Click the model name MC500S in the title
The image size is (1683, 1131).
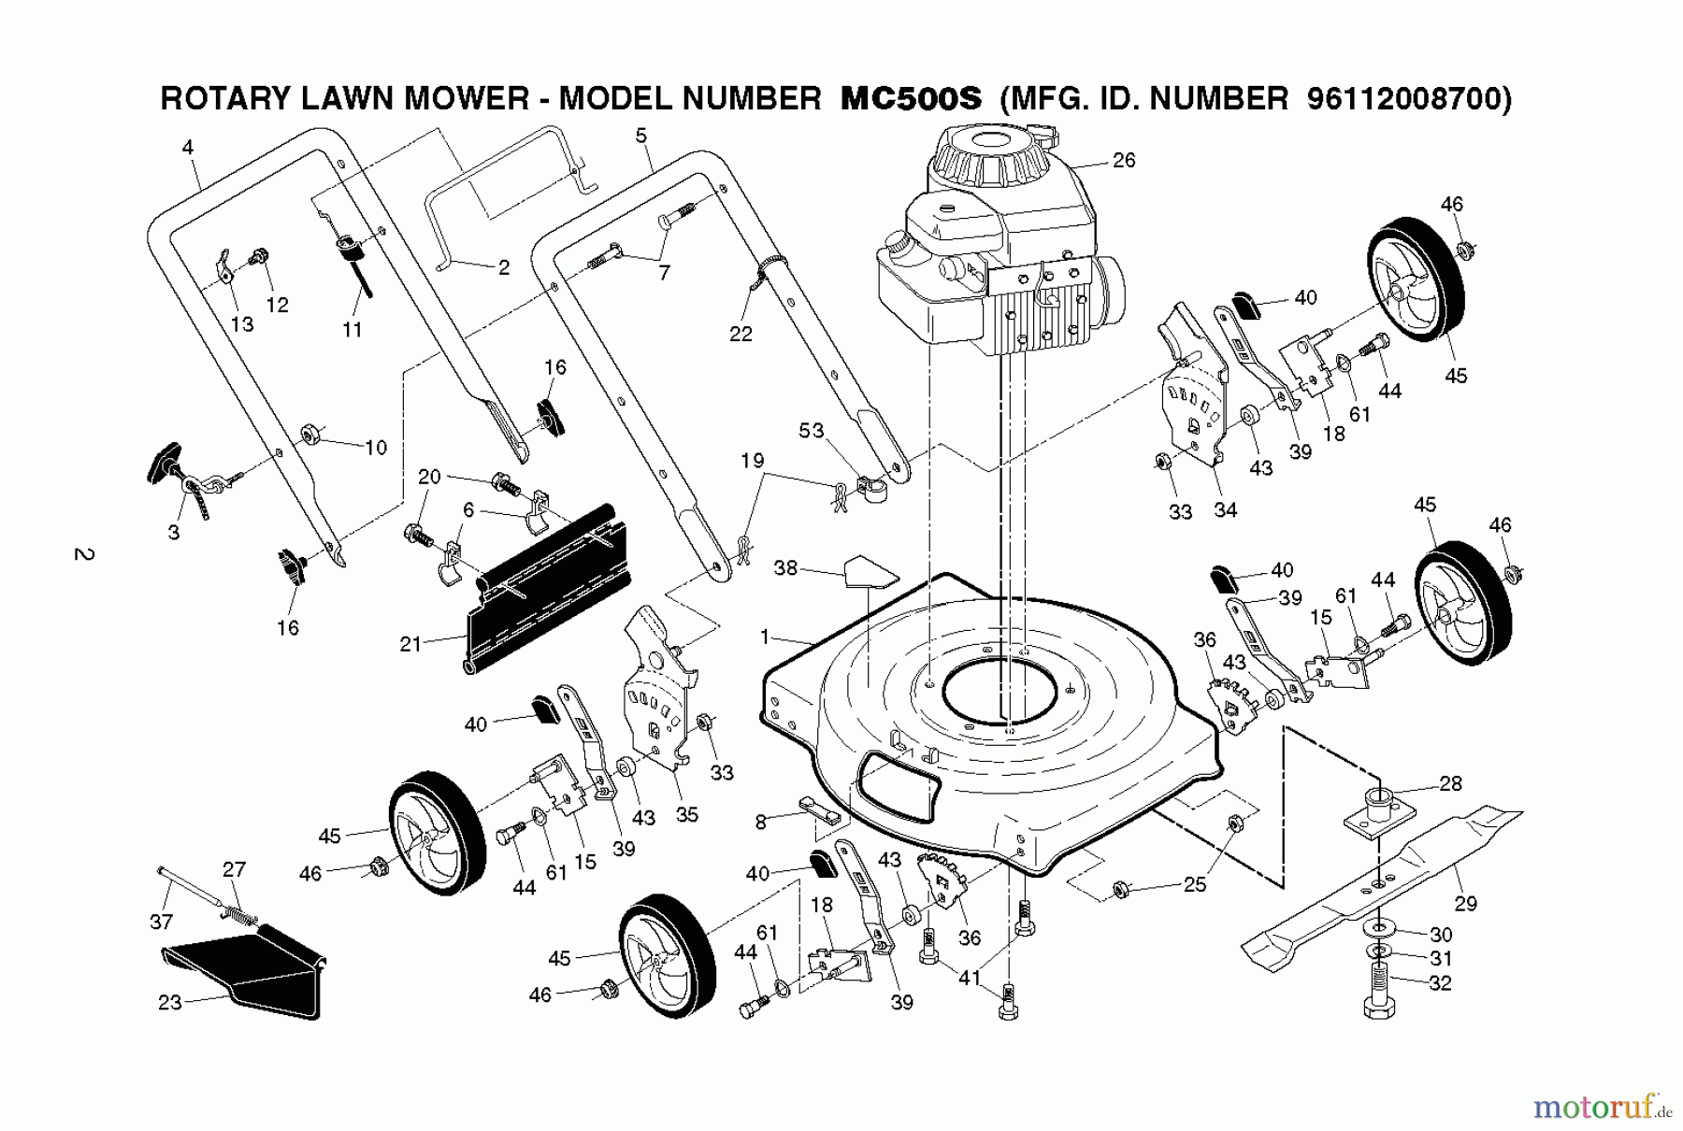tap(911, 99)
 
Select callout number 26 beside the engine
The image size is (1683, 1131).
tap(1124, 161)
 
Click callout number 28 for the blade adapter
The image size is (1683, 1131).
tap(1450, 783)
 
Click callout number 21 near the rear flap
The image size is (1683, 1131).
tap(410, 645)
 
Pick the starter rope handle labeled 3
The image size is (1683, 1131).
tap(169, 462)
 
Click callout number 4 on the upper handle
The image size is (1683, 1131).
tap(188, 147)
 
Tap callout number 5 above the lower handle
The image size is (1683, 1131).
tap(640, 136)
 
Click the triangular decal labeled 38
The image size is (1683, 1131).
tap(870, 572)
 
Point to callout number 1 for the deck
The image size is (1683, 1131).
tap(765, 637)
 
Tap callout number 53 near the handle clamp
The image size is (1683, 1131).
tap(811, 430)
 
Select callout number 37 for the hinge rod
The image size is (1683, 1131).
tap(161, 922)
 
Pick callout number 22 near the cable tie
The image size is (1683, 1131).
tap(741, 334)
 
